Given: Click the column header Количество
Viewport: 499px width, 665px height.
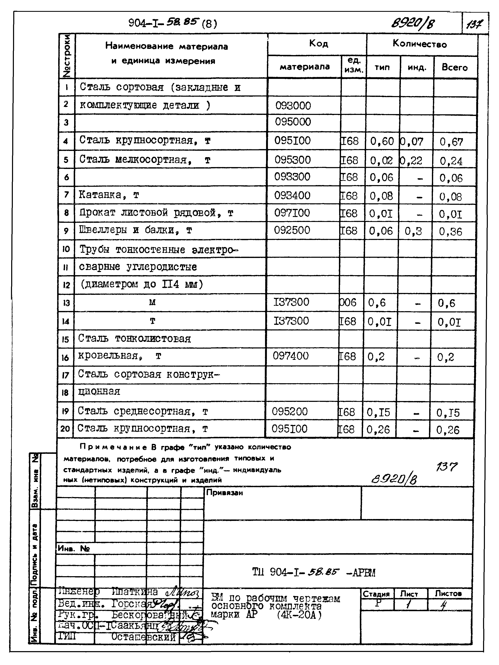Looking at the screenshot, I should coord(420,44).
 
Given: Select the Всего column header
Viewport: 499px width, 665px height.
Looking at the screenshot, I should coord(454,67).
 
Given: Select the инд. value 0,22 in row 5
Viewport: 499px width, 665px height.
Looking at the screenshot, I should coord(411,160).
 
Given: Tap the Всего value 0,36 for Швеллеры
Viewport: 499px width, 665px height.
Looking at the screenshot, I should coord(450,231).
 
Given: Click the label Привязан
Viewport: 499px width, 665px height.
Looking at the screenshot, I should coord(224,493).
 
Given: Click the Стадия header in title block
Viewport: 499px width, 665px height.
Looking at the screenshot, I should coord(376,594).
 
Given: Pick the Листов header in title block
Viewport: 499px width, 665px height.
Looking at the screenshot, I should coord(448,593).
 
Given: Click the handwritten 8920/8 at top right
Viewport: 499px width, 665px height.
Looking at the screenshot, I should coord(413,23).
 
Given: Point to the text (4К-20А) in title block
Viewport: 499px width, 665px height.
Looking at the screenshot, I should coord(299,615).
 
